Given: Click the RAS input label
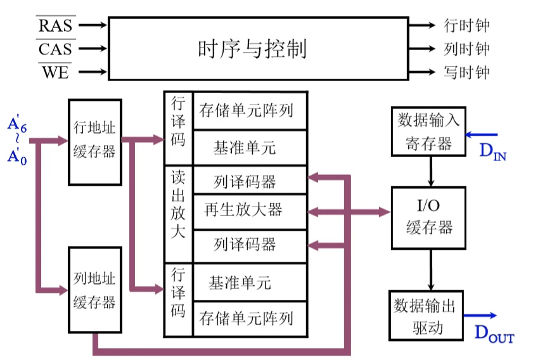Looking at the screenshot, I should click(56, 26).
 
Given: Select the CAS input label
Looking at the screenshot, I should click(56, 49).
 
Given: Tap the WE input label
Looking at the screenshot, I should click(56, 72).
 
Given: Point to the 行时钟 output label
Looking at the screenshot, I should click(468, 26).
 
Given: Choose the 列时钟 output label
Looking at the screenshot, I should click(468, 49).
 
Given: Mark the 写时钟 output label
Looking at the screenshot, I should click(468, 72).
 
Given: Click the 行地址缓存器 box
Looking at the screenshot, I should click(94, 141).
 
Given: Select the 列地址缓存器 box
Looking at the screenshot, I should click(94, 290).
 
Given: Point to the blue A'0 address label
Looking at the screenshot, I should click(18, 156).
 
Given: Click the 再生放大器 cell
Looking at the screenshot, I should click(243, 209).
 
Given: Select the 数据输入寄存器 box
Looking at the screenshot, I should click(429, 131).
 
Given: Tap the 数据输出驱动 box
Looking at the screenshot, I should click(423, 316).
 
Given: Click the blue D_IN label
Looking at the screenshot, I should click(492, 151).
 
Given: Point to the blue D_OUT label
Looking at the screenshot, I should click(494, 333).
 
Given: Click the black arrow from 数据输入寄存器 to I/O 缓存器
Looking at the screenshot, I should click(432, 170).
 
